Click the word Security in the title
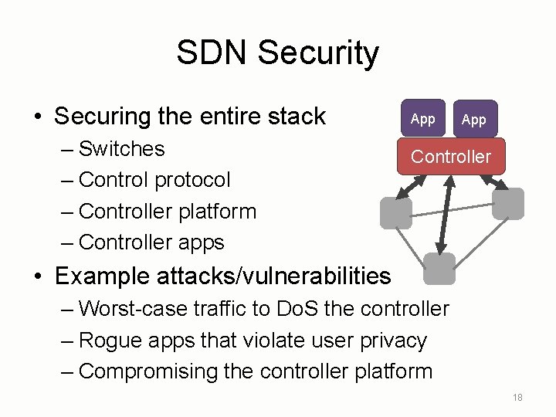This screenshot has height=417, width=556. pyautogui.click(x=318, y=53)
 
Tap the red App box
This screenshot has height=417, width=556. pyautogui.click(x=422, y=119)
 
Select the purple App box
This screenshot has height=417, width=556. pyautogui.click(x=474, y=120)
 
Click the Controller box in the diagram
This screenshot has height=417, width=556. pyautogui.click(x=451, y=157)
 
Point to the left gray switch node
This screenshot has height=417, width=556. pyautogui.click(x=396, y=213)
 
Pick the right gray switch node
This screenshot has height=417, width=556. pyautogui.click(x=508, y=204)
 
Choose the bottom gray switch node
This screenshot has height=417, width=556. pyautogui.click(x=439, y=269)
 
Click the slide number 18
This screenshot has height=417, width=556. pyautogui.click(x=517, y=397)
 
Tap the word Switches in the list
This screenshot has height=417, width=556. pyautogui.click(x=122, y=148)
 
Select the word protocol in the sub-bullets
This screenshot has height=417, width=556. pyautogui.click(x=192, y=180)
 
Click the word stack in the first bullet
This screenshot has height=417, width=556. pyautogui.click(x=298, y=117)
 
